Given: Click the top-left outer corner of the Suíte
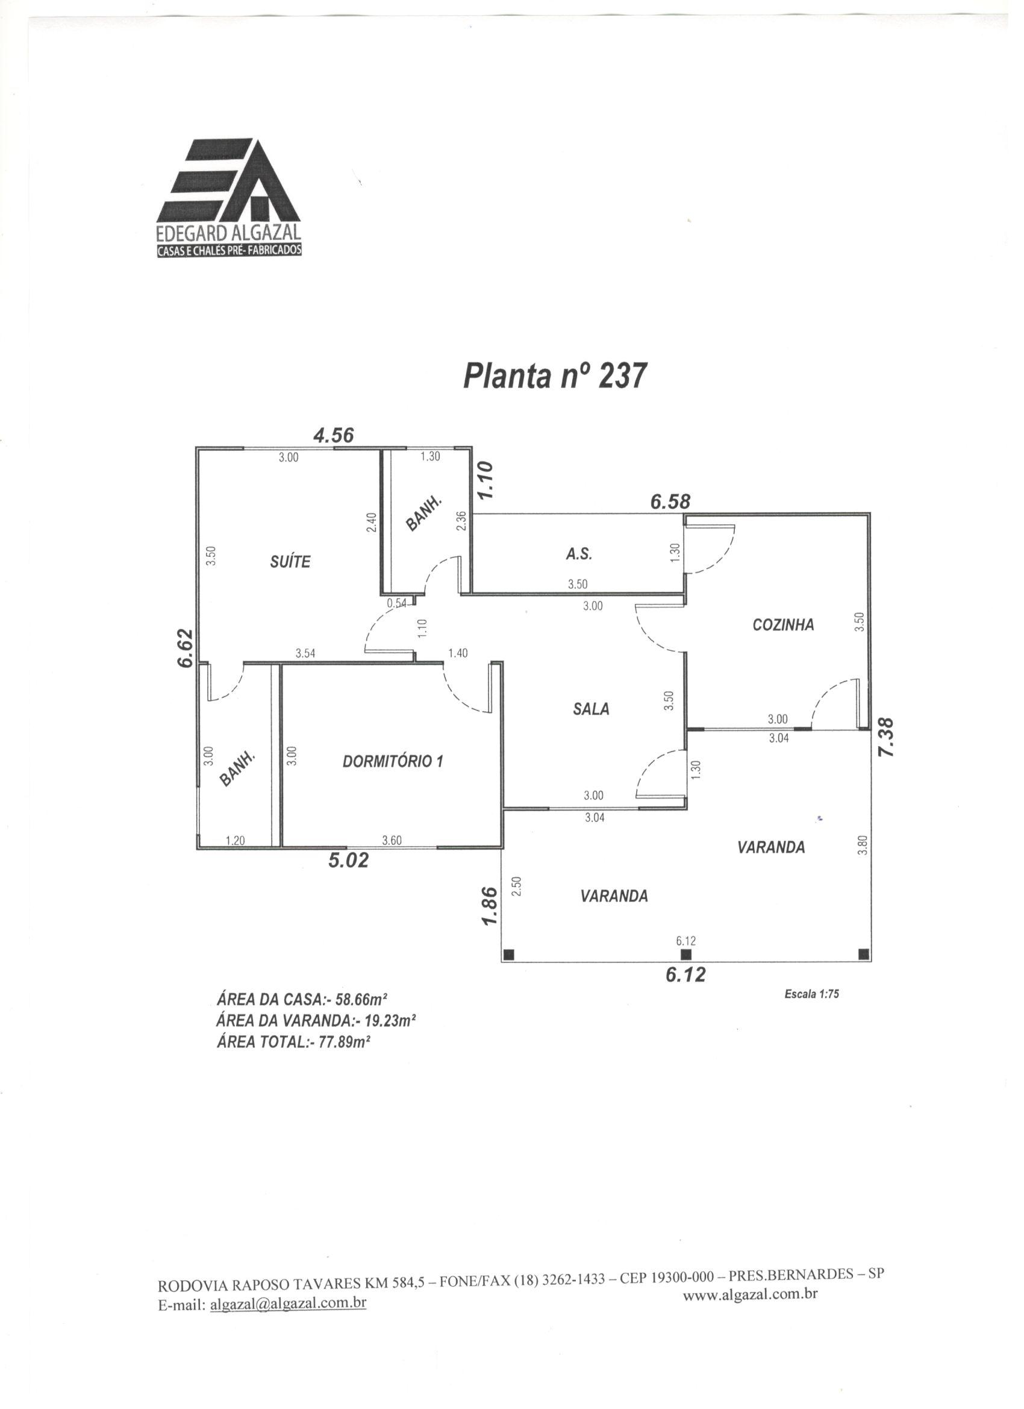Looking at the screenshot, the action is pyautogui.click(x=197, y=447).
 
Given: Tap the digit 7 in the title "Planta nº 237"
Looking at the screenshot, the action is pyautogui.click(x=637, y=377).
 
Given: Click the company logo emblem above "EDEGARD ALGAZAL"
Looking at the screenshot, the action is pyautogui.click(x=228, y=181).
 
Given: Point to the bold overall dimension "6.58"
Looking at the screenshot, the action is pyautogui.click(x=670, y=502).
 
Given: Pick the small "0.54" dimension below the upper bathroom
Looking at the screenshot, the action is pyautogui.click(x=396, y=603).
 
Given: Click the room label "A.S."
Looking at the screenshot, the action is pyautogui.click(x=579, y=555).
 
